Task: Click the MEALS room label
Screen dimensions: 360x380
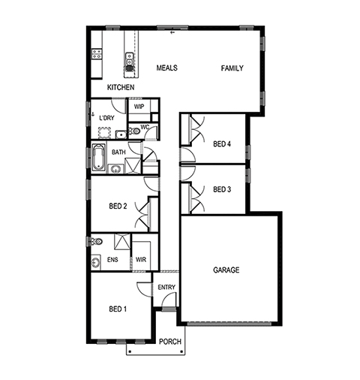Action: (x=166, y=68)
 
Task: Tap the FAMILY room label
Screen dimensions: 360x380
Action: (x=232, y=68)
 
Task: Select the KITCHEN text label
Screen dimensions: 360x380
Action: (x=121, y=87)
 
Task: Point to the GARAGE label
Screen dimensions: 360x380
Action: (x=226, y=270)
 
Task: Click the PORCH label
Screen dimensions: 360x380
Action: (x=170, y=342)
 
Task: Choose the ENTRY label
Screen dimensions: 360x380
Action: (x=166, y=287)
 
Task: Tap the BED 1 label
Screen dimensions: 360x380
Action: (x=118, y=309)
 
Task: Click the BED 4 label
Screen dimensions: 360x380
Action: (x=222, y=144)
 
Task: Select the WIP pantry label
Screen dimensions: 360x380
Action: (x=139, y=107)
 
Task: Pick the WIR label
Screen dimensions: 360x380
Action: (x=141, y=260)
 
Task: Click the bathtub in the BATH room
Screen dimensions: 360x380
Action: (x=99, y=157)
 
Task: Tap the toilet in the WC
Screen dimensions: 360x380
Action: (x=134, y=131)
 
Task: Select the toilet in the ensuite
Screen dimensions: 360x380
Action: (x=97, y=242)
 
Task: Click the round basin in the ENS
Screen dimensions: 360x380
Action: (x=95, y=263)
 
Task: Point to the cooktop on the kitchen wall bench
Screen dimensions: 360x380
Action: (x=97, y=54)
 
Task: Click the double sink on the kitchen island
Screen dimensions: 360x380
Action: (x=130, y=59)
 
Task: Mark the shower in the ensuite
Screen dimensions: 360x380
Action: (x=122, y=242)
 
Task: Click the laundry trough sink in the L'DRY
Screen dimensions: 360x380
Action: (x=121, y=134)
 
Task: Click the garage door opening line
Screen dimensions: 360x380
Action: (x=229, y=324)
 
